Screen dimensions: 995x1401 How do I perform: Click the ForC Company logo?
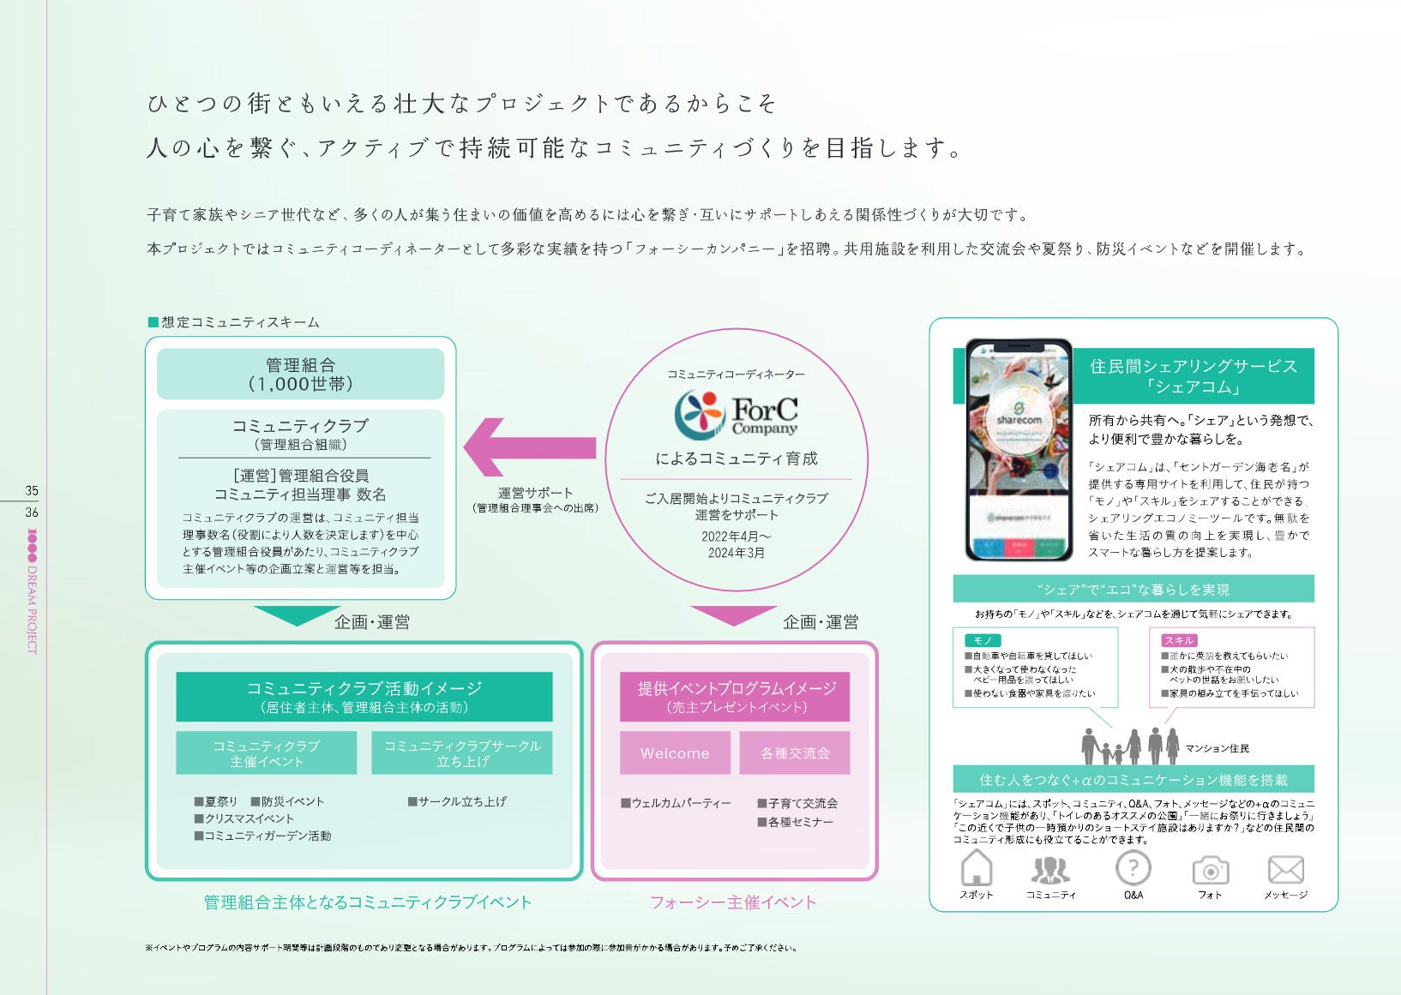(736, 414)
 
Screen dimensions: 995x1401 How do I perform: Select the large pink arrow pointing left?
(529, 447)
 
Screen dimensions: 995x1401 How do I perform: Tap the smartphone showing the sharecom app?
(1019, 449)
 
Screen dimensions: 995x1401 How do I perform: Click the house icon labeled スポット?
(976, 868)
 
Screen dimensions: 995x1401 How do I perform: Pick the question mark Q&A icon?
(1133, 868)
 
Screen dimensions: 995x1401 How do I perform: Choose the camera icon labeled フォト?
(1210, 871)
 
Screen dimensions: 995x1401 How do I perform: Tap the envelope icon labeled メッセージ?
(1285, 870)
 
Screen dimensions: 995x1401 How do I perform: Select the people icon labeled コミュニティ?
(1050, 870)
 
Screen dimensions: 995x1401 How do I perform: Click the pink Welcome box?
(675, 752)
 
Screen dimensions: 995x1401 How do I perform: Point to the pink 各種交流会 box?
(795, 752)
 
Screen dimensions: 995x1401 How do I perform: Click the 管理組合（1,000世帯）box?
(300, 375)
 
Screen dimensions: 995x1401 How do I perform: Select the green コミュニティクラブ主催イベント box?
(266, 753)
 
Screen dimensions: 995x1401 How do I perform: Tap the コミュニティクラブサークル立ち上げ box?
(461, 753)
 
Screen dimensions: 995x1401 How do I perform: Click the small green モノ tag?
(983, 640)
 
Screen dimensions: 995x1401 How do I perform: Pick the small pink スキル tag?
(1179, 640)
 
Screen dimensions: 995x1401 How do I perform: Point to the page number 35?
(32, 491)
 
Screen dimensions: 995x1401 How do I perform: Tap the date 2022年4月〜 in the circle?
(736, 536)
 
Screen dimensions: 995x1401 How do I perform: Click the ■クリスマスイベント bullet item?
(244, 818)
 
